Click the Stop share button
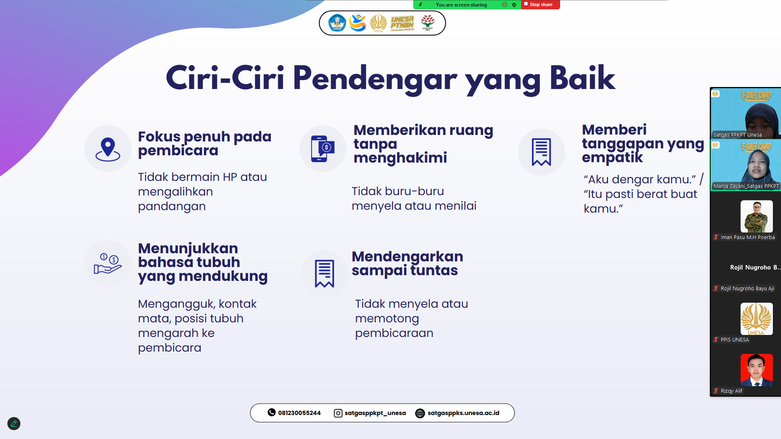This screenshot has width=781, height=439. (x=540, y=4)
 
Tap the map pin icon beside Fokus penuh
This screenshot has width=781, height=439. (x=108, y=150)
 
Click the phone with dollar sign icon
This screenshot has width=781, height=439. (x=323, y=149)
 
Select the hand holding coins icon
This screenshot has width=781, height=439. (x=108, y=263)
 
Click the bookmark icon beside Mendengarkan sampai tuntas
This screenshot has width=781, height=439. (x=325, y=274)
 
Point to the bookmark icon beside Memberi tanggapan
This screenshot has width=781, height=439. (x=541, y=152)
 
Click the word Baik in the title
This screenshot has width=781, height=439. (x=582, y=78)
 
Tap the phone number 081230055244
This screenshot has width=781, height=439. (x=299, y=413)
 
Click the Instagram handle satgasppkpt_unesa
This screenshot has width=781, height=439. (x=375, y=413)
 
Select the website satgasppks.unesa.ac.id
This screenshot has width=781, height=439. (x=463, y=413)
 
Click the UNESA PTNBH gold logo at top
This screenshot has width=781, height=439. (x=402, y=23)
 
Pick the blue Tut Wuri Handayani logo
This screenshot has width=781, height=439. (x=337, y=23)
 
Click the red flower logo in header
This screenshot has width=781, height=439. (x=428, y=22)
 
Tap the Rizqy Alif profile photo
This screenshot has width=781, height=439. (x=757, y=370)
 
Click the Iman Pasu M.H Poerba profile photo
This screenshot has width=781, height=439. (x=757, y=216)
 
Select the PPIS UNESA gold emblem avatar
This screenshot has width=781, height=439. (x=757, y=319)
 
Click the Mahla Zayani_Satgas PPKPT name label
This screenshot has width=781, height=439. (x=746, y=186)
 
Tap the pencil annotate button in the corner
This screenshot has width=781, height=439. (x=14, y=424)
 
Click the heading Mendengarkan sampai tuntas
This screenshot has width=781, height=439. (x=407, y=263)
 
